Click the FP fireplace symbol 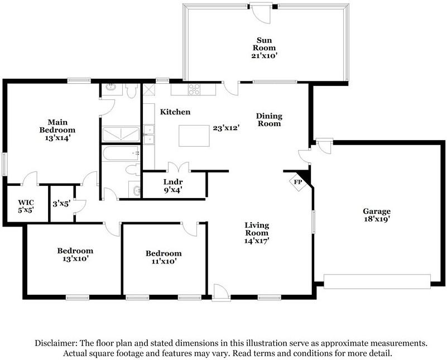[298, 182]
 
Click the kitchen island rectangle [194, 136]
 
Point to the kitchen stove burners [194, 89]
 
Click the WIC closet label [26, 207]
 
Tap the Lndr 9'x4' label [173, 186]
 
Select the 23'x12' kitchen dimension [226, 128]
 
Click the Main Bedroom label [57, 130]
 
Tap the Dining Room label [269, 119]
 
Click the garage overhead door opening [377, 282]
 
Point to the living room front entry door [220, 292]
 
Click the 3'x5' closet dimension [61, 204]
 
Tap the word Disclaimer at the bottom [56, 343]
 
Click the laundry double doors [179, 167]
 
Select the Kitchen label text [175, 112]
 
